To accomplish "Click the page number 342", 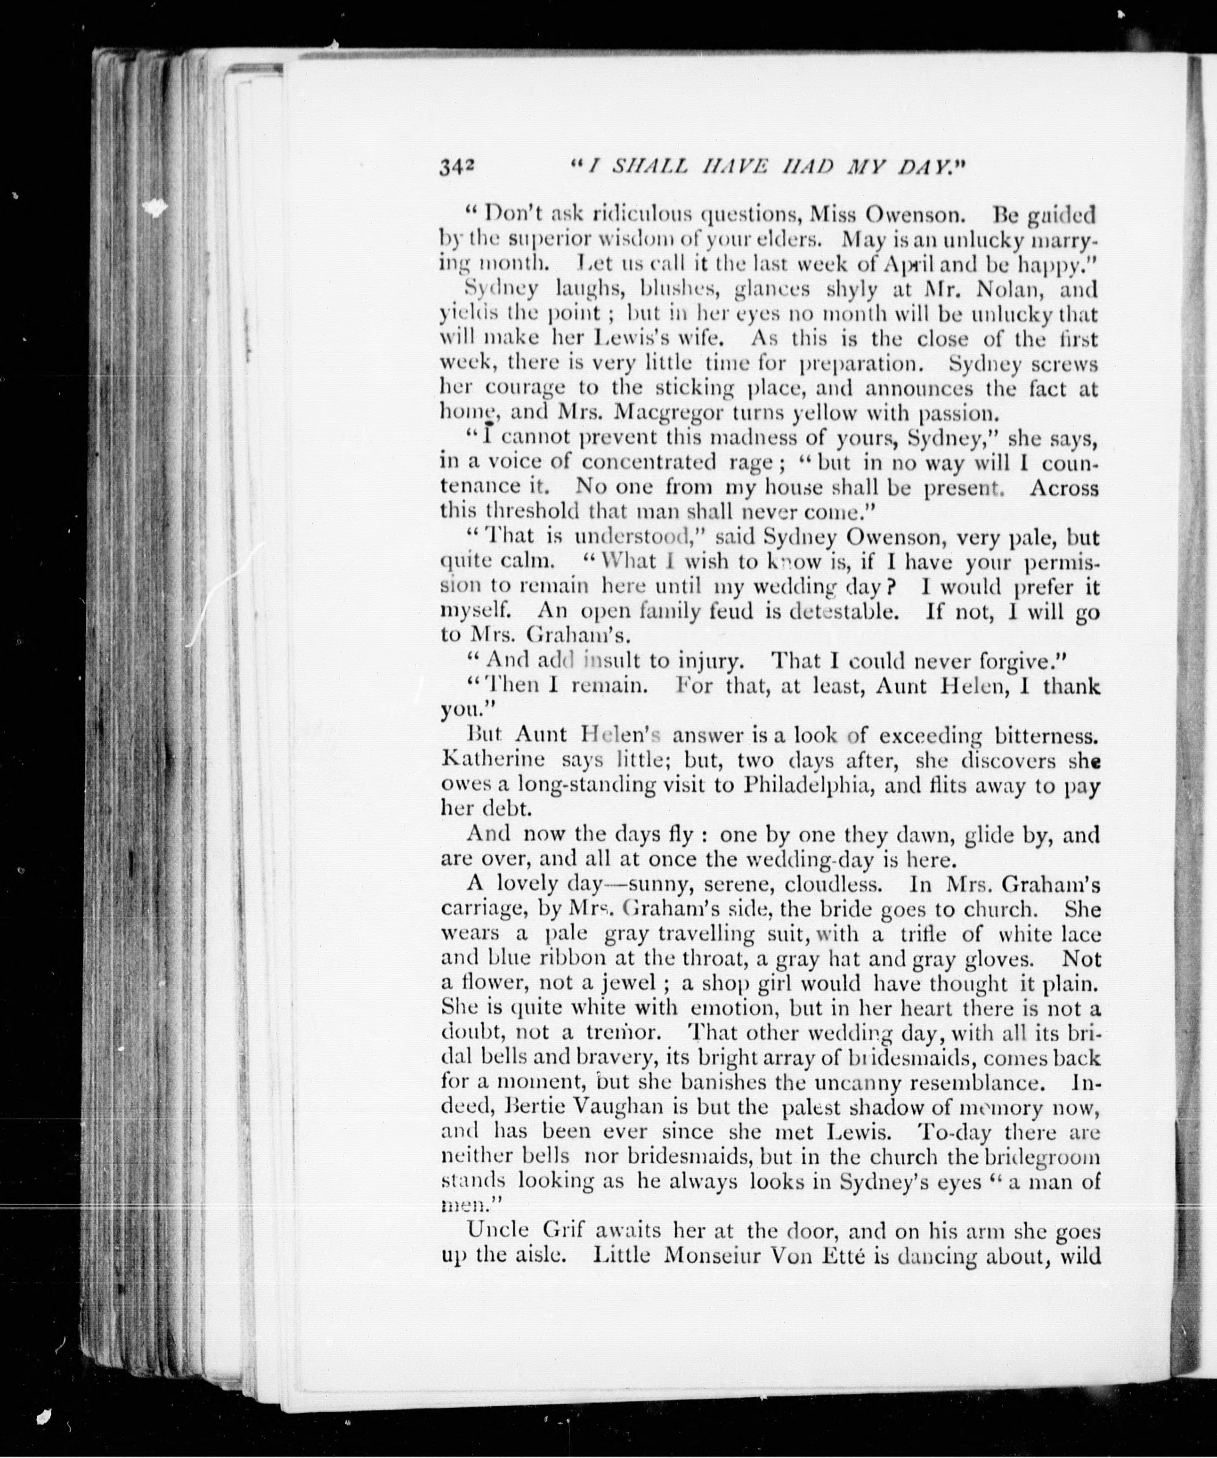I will click(x=456, y=167).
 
